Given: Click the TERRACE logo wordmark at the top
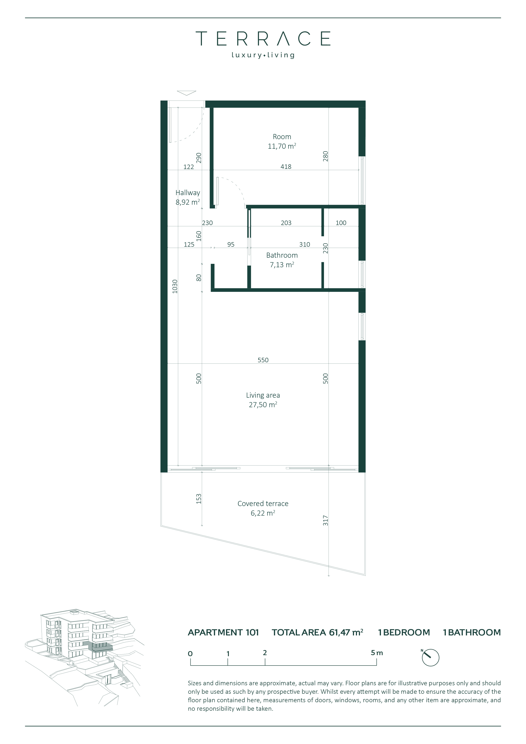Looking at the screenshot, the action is coord(263,39).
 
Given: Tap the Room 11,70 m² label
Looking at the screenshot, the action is coord(282,141).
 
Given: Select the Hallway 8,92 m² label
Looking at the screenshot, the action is coord(188,197).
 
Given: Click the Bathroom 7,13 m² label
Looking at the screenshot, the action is coord(282,260).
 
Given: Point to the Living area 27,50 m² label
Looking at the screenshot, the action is coord(263,400).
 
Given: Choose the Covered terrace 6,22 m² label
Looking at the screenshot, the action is coord(263,508).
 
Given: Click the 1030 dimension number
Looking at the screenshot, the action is coord(175,287).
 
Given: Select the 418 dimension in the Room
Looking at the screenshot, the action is coord(286,166).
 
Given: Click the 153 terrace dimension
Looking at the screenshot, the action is coord(199,499).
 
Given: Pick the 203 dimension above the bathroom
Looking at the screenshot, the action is coord(286,223).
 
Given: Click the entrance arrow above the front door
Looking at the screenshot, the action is coord(187,93).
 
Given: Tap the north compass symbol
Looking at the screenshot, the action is coord(430,657).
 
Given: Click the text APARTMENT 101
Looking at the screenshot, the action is coord(223,632).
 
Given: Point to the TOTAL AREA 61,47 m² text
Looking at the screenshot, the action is coord(318,632).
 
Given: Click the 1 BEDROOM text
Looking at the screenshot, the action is coord(404,632).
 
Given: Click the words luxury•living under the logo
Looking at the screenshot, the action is coord(263,55).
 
